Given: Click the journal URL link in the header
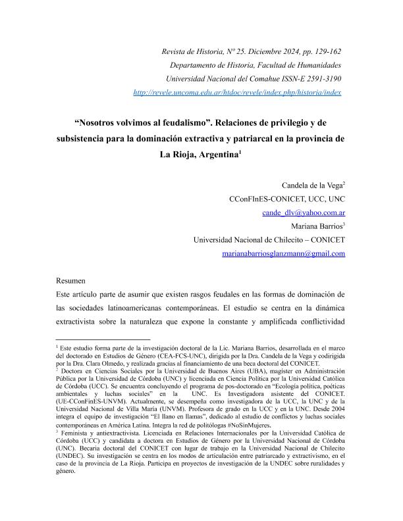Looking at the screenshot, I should (x=237, y=93).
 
